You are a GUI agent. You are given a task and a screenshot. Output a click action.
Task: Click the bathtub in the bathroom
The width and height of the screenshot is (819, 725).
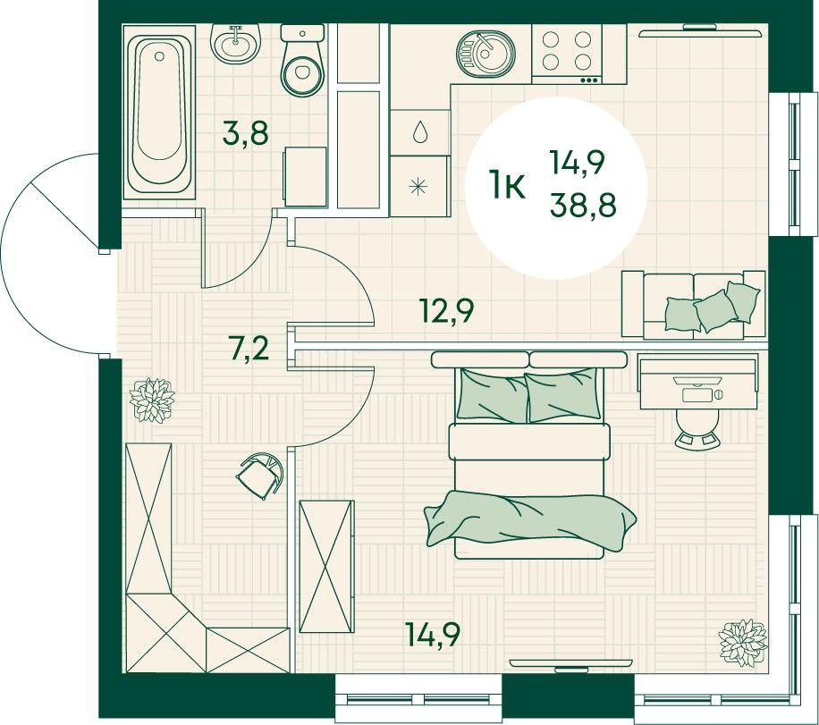tap(159, 113)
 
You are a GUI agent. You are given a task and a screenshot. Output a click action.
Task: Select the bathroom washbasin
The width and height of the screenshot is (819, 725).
tap(235, 43)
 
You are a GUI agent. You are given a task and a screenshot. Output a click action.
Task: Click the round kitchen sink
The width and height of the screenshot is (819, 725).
tap(485, 54)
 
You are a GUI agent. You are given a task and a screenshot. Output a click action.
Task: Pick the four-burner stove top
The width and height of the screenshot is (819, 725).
tap(567, 54)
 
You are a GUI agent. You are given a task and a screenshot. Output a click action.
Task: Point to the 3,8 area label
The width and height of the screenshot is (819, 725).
tap(246, 133)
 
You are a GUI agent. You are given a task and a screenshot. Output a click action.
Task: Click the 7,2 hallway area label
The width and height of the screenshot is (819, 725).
tap(249, 349)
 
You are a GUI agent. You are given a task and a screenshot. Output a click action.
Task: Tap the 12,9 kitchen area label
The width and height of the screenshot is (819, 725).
tap(447, 311)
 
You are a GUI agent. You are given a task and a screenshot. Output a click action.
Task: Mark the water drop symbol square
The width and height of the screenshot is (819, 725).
tap(420, 132)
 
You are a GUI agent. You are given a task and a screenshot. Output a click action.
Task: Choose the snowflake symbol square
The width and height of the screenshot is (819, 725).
tap(420, 187)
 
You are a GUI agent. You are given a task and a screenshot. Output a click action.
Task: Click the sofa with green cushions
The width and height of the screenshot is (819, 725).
tap(694, 305)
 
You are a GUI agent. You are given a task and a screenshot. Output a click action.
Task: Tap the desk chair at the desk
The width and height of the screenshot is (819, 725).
tap(697, 429)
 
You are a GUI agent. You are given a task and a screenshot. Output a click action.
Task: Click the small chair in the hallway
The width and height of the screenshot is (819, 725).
tap(260, 475)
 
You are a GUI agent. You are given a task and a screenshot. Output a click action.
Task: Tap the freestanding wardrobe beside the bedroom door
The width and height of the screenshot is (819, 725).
tap(327, 567)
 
